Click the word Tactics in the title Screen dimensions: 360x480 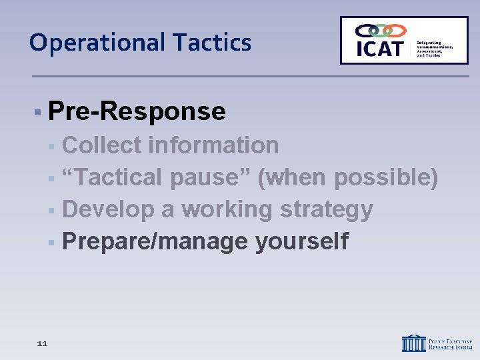[x=212, y=43]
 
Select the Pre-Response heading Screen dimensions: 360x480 [x=137, y=111]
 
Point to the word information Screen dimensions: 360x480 [x=214, y=145]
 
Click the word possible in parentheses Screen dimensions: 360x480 [x=385, y=177]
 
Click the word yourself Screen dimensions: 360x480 [x=301, y=241]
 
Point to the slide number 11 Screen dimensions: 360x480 [x=43, y=343]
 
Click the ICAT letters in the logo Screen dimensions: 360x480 [x=380, y=49]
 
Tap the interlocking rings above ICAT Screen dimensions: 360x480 [x=380, y=31]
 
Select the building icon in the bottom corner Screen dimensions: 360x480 [x=413, y=343]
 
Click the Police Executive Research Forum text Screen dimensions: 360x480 [x=449, y=343]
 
